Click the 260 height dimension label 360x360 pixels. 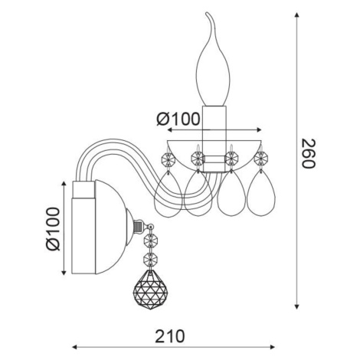pos(308,153)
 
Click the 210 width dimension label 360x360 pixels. pos(169,336)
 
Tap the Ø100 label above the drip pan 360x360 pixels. pos(178,119)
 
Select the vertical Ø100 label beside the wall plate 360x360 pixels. pos(53,229)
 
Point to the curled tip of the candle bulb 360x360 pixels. pos(208,13)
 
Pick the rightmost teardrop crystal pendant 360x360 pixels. pos(261,193)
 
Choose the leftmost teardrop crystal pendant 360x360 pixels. pos(169,195)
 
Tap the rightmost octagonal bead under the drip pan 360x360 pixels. pos(261,159)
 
